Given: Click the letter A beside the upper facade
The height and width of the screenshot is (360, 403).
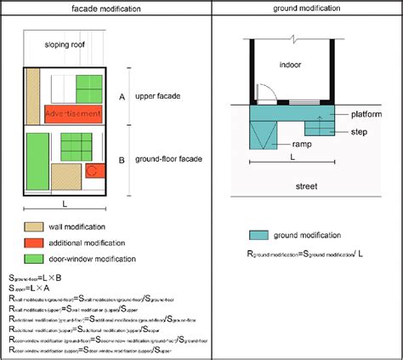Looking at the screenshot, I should (x=122, y=98).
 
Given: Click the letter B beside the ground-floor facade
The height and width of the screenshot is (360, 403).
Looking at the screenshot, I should (x=122, y=159).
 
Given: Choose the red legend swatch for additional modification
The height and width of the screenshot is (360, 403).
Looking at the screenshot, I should (x=36, y=242).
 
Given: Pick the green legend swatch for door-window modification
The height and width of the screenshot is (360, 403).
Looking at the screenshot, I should (x=36, y=258).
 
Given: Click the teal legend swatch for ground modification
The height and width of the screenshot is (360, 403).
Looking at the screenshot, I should (x=258, y=235).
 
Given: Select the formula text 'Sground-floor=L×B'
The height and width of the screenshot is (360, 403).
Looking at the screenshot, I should (x=34, y=277).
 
